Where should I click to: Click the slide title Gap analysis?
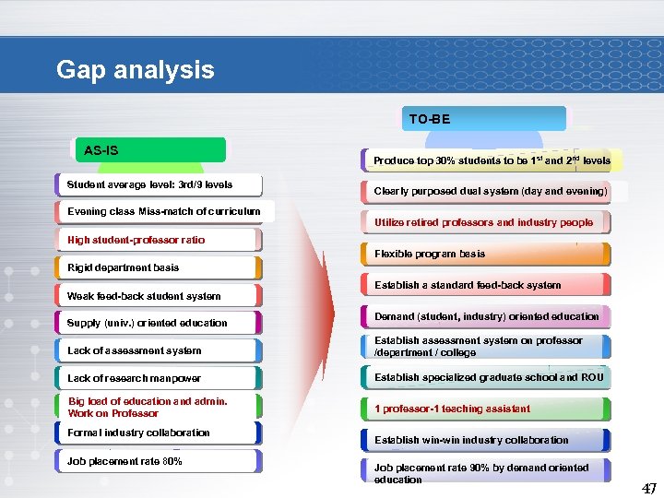point(135,69)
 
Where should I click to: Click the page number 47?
point(649,488)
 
